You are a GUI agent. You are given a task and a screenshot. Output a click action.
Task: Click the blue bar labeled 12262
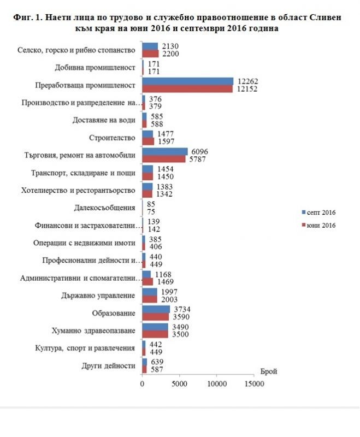pos(187,81)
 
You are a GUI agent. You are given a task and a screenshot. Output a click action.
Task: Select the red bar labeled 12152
pos(187,88)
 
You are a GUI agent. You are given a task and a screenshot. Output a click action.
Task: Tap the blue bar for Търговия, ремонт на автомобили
pos(164,151)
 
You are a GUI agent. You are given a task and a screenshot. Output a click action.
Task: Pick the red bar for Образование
pos(155,316)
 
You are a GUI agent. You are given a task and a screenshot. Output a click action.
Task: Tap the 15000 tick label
pos(254,385)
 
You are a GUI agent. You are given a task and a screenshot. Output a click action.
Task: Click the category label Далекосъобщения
pos(104,208)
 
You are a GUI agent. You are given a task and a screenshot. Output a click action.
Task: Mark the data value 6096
pos(198,151)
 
